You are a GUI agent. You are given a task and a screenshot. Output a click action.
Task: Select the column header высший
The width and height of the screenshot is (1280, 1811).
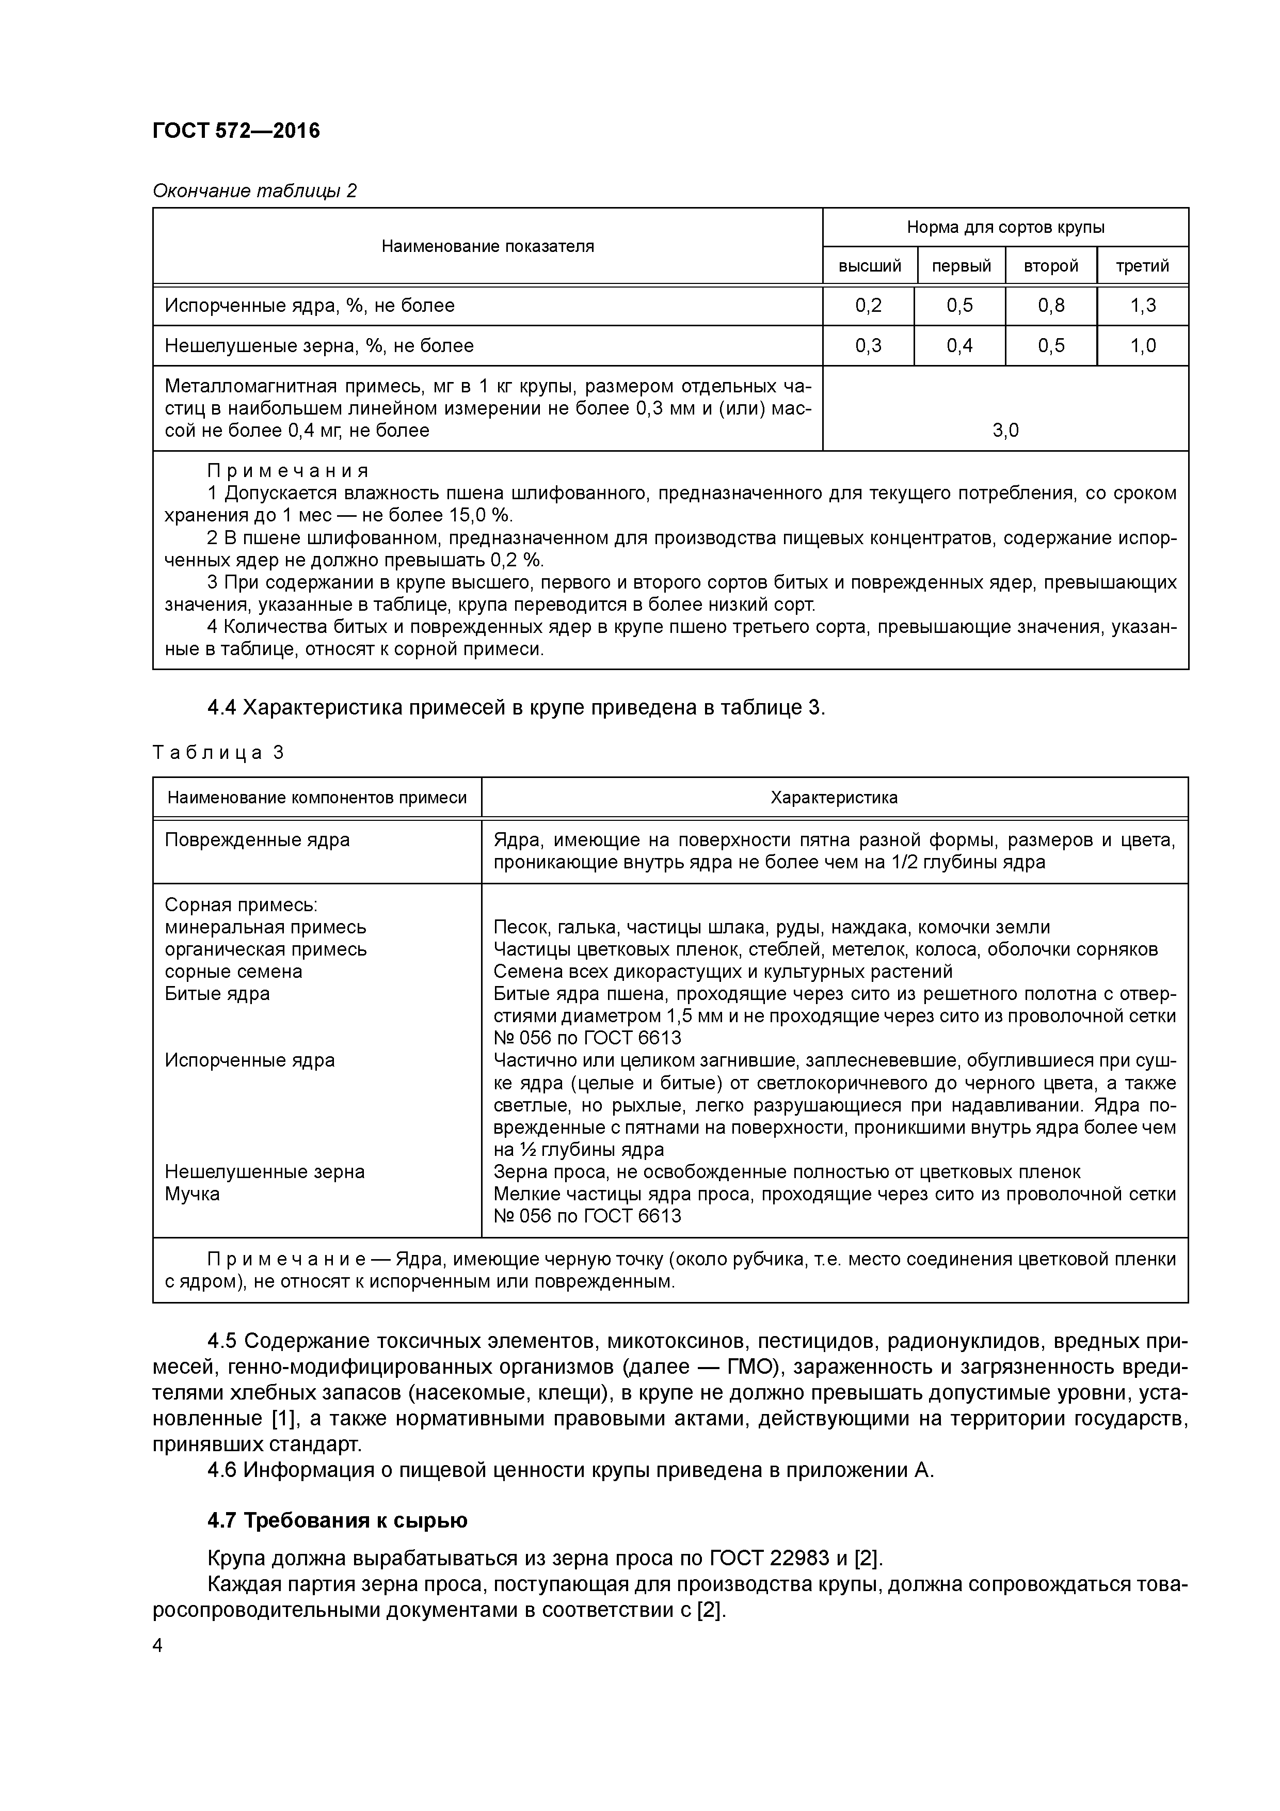point(869,266)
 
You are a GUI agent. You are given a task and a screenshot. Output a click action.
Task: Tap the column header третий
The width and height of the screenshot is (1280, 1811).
point(1142,266)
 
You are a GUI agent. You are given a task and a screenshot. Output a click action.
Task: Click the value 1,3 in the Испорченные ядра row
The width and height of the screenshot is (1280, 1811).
point(1142,305)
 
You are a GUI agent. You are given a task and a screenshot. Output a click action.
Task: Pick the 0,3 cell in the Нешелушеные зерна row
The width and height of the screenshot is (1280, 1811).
point(868,345)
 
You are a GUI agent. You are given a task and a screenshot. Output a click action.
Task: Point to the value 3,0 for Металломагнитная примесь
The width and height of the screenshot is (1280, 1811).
point(1005,430)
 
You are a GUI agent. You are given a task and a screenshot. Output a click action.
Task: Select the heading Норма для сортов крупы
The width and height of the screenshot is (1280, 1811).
point(1005,227)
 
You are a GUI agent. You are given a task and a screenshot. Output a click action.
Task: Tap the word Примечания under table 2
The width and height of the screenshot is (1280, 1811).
point(288,471)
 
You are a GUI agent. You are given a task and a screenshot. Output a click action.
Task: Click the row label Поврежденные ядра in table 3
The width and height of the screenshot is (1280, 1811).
point(257,840)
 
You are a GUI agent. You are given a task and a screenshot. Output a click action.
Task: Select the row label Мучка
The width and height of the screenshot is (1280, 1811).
point(193,1194)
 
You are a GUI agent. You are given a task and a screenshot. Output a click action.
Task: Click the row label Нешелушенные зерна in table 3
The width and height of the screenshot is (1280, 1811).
point(264,1172)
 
